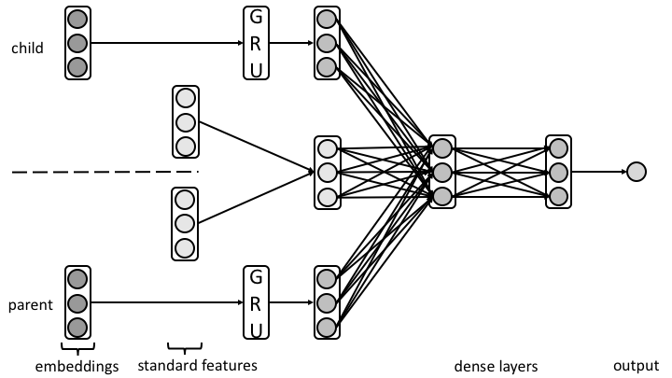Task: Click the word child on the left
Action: click(28, 48)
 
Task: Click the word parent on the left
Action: click(30, 305)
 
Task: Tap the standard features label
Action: click(197, 365)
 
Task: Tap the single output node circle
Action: click(636, 172)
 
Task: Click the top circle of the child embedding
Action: click(78, 20)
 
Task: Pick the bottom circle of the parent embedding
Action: click(78, 327)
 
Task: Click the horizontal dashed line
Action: click(103, 172)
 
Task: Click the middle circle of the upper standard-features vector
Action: click(186, 121)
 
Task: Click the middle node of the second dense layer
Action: click(558, 172)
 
